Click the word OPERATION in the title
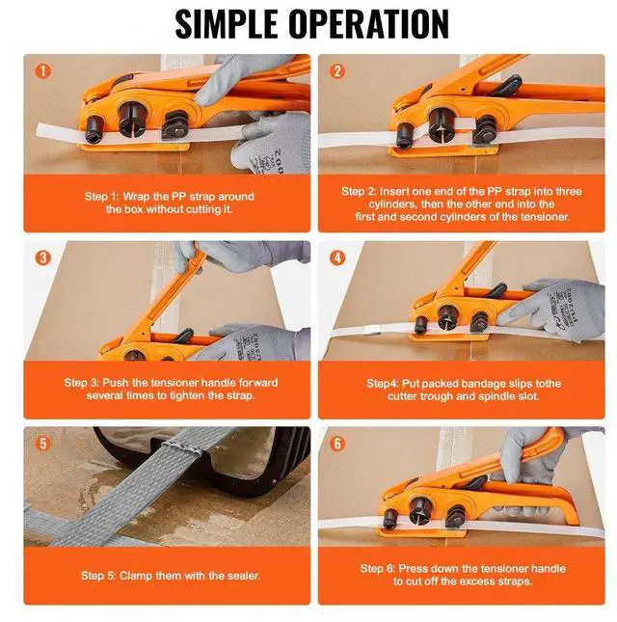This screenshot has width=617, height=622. [370, 23]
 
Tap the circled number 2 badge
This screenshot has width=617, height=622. [337, 71]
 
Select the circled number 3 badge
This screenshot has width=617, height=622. [42, 257]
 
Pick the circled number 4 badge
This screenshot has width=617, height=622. [337, 257]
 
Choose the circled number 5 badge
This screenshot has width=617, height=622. [42, 445]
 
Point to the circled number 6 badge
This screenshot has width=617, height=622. [337, 445]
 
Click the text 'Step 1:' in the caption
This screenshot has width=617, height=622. [104, 197]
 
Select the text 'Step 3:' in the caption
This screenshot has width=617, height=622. [85, 383]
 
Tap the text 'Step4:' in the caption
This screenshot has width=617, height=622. [386, 383]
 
